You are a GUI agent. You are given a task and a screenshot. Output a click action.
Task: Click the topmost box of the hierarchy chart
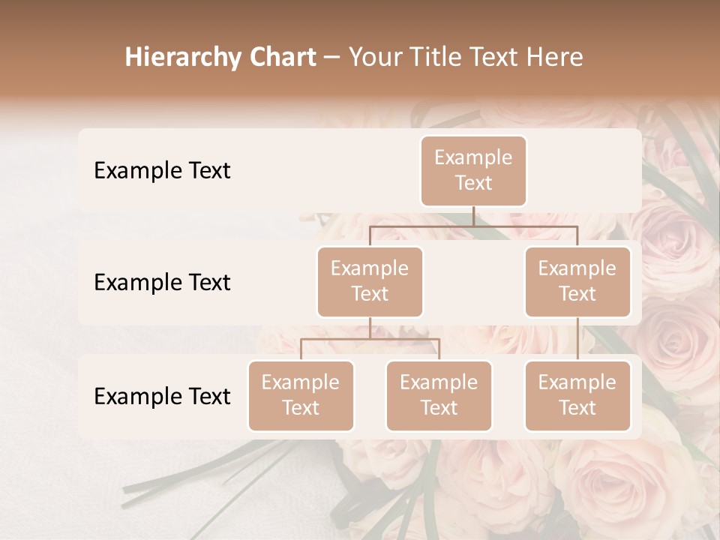[x=473, y=171]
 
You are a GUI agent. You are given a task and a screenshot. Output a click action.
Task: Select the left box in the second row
[x=370, y=282]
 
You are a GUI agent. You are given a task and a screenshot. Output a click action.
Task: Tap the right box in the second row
[x=577, y=282]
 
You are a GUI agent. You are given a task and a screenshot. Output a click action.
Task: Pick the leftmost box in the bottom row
[x=301, y=396]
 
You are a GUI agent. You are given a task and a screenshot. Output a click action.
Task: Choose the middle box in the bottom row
[x=439, y=396]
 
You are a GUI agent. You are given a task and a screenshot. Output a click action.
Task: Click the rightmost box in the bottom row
[x=577, y=396]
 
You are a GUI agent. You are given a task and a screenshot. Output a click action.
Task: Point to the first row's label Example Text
[x=162, y=171]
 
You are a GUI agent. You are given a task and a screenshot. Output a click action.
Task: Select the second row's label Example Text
[x=162, y=283]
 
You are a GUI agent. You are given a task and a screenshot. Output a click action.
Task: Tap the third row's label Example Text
[x=162, y=397]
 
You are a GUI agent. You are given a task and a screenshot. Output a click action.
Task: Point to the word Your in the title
[x=374, y=58]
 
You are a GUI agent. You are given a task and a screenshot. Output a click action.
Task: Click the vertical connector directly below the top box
[x=473, y=216]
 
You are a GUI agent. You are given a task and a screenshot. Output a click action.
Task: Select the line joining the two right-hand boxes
[x=577, y=339]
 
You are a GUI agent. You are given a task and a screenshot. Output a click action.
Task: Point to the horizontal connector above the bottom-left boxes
[x=370, y=339]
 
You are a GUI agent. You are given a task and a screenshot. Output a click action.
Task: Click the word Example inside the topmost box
[x=473, y=158]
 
